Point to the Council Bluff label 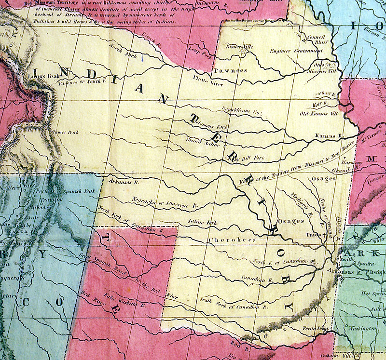[x=317, y=39]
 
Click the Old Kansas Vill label [x=317, y=114]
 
